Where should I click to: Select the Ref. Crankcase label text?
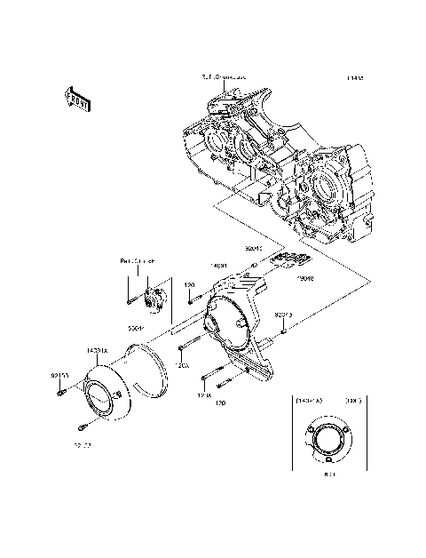(222, 78)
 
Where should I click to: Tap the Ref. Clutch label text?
(138, 261)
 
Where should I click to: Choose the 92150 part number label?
(59, 377)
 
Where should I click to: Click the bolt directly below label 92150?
(60, 393)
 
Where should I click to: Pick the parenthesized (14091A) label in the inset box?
(311, 402)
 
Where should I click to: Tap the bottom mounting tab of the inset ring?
(327, 462)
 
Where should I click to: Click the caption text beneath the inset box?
(327, 476)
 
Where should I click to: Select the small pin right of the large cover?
(282, 331)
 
